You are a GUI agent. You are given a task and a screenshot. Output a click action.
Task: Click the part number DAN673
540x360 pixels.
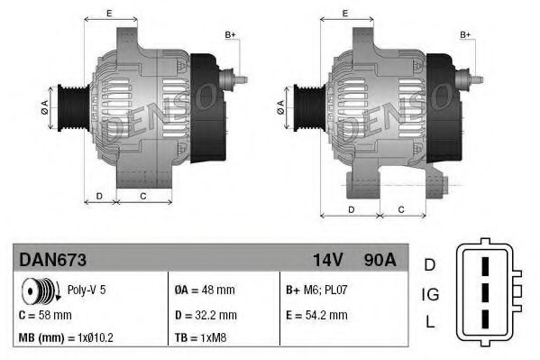(x=52, y=259)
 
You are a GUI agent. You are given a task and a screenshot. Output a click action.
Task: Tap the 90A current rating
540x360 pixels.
(x=379, y=259)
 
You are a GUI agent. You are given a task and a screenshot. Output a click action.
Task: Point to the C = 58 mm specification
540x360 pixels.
(x=46, y=315)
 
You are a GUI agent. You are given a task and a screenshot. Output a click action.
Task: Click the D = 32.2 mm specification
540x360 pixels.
(x=205, y=315)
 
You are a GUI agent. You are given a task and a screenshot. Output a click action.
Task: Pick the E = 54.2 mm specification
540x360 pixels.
(x=316, y=315)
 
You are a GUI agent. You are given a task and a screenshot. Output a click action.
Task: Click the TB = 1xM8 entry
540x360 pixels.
(x=201, y=338)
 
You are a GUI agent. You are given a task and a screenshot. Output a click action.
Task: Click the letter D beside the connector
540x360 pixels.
(x=430, y=264)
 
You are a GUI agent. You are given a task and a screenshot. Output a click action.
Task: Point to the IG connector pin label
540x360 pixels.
(x=430, y=293)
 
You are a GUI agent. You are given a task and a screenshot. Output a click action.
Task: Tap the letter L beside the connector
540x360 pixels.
(x=430, y=322)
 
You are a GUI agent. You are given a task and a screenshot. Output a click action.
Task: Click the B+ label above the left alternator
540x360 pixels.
(x=230, y=34)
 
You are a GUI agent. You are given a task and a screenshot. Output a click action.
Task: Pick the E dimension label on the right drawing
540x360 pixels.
(x=346, y=13)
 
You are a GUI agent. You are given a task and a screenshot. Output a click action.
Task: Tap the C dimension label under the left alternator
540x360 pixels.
(x=143, y=196)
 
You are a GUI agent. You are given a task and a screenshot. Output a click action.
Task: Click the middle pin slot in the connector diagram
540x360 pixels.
(x=485, y=294)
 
